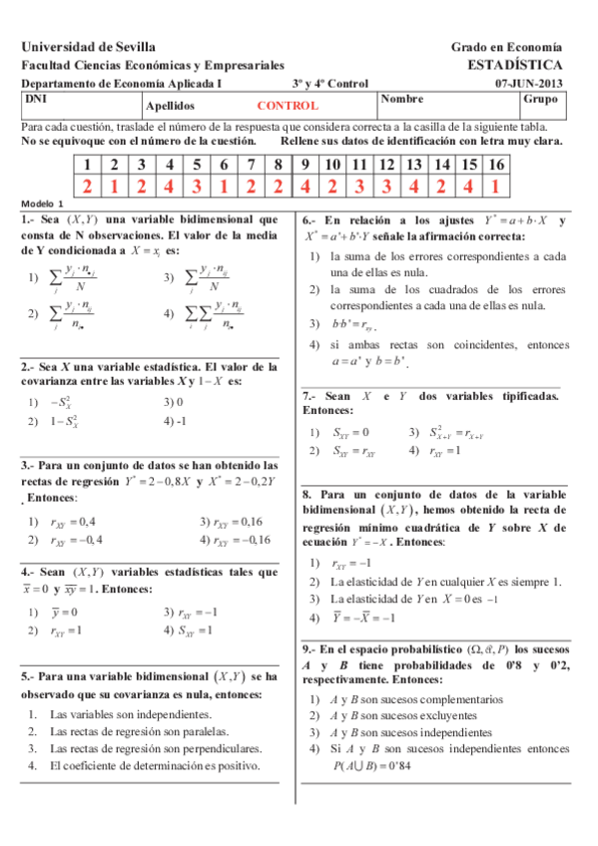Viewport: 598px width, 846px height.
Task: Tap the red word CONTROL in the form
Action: (288, 105)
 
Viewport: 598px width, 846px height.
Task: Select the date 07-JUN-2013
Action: (529, 84)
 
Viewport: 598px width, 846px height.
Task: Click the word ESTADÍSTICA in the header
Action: (514, 64)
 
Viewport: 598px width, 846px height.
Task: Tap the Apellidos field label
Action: (169, 105)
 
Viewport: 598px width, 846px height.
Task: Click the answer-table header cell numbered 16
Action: (495, 165)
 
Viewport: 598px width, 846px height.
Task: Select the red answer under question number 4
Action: (169, 186)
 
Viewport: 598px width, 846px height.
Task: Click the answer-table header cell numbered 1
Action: (87, 165)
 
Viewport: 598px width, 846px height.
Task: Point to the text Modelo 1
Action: (41, 202)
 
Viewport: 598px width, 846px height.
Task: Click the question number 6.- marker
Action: (309, 219)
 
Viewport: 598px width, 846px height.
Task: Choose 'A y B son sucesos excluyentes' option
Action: (404, 714)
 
